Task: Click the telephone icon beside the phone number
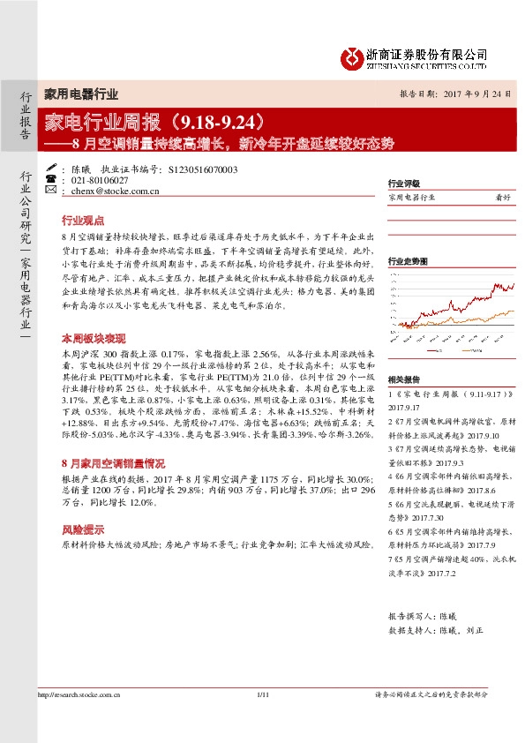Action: pos(50,179)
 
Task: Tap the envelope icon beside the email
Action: pos(50,190)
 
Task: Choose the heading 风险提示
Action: pos(82,529)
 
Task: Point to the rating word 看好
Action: pos(503,198)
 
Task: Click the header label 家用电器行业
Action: pos(81,94)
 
